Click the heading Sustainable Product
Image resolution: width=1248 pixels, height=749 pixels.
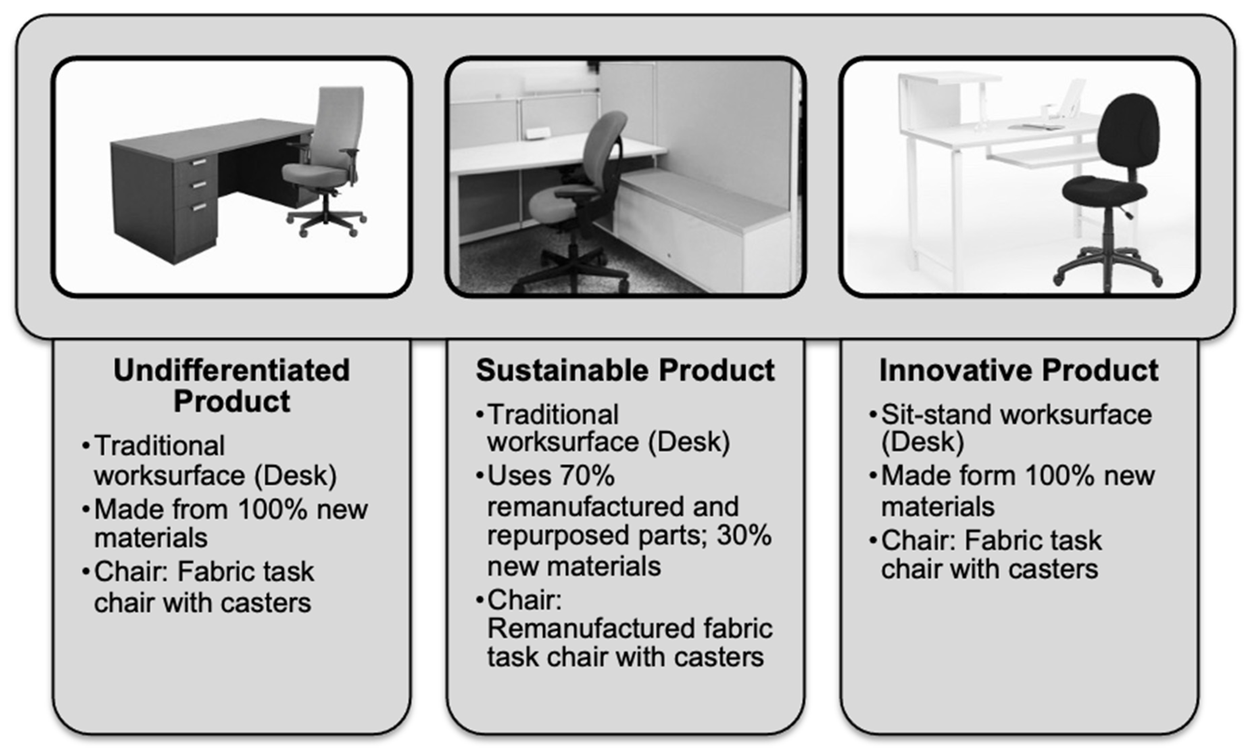pyautogui.click(x=625, y=371)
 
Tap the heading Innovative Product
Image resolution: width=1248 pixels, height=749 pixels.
pyautogui.click(x=1019, y=371)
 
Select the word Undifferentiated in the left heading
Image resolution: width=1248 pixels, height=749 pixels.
pyautogui.click(x=231, y=371)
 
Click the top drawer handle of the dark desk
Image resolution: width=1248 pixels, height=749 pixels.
pyautogui.click(x=199, y=162)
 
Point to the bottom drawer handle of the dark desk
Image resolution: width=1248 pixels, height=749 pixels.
pyautogui.click(x=199, y=206)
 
